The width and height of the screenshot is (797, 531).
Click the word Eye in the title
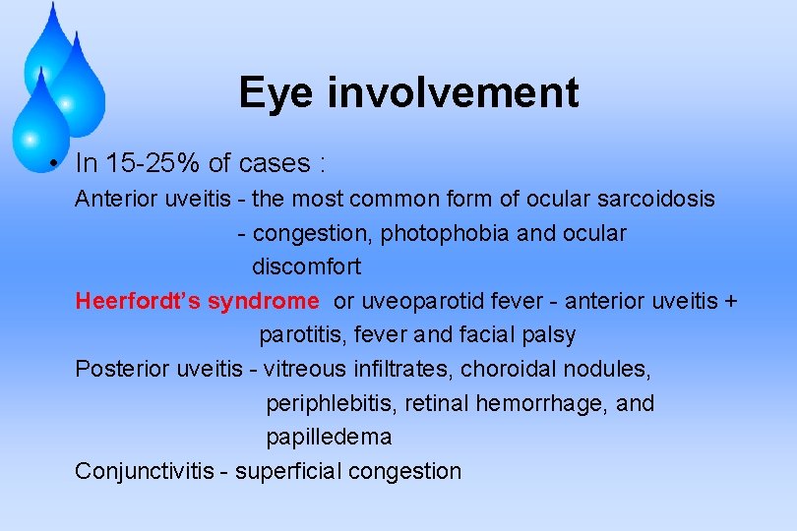pyautogui.click(x=276, y=94)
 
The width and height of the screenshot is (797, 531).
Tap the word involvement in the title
pyautogui.click(x=453, y=94)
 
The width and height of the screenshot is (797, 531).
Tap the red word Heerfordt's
pyautogui.click(x=138, y=301)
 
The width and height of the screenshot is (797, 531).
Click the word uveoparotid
pyautogui.click(x=426, y=301)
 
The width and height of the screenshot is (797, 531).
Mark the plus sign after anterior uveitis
pyautogui.click(x=729, y=302)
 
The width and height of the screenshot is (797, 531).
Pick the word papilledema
pyautogui.click(x=329, y=437)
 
